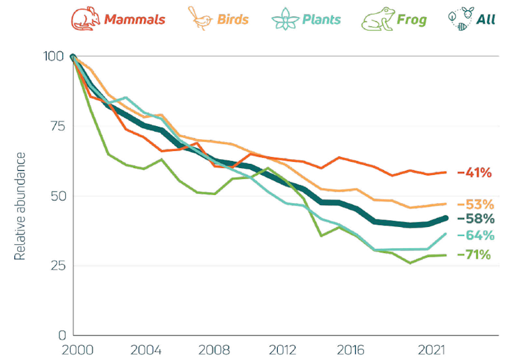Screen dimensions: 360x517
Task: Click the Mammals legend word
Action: coord(134,19)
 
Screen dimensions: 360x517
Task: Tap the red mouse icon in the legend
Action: coord(86,19)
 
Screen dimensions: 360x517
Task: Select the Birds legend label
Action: coord(233,19)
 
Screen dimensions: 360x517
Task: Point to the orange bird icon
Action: coord(200,19)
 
